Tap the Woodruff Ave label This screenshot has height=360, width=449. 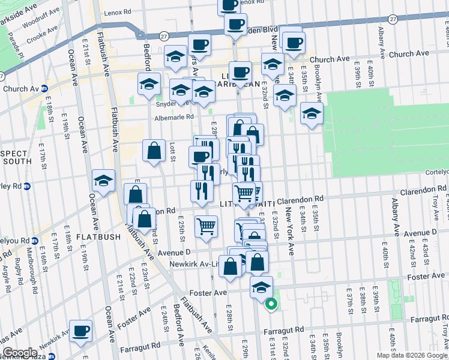pyautogui.click(x=39, y=18)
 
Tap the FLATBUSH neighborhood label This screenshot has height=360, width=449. pyautogui.click(x=98, y=237)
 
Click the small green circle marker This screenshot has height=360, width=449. pyautogui.click(x=270, y=305)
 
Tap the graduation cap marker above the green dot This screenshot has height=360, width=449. pyautogui.click(x=261, y=287)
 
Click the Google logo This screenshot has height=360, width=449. pyautogui.click(x=20, y=353)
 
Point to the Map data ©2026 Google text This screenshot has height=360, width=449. pyautogui.click(x=411, y=355)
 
